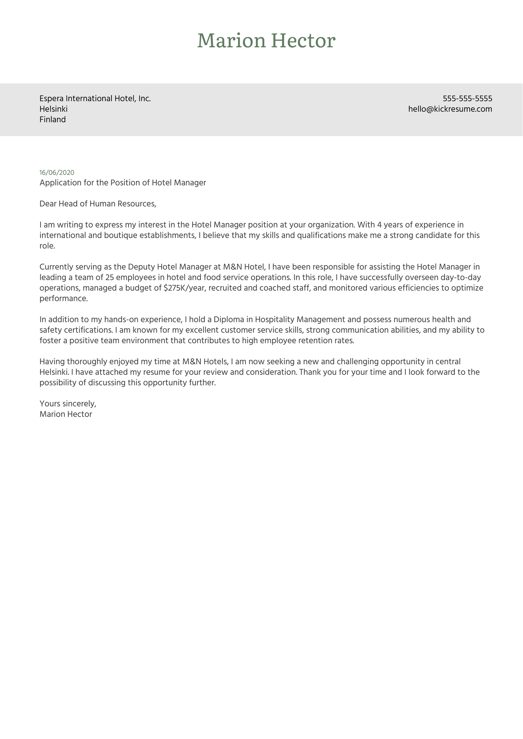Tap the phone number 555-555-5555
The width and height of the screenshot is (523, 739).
tap(467, 99)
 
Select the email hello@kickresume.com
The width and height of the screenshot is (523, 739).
tap(450, 109)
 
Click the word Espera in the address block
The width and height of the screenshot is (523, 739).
tap(51, 99)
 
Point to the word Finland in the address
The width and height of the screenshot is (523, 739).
tap(53, 120)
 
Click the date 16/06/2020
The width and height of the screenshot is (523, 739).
tap(57, 173)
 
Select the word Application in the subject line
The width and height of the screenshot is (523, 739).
tap(58, 183)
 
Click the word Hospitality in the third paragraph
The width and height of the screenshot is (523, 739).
tap(275, 319)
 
